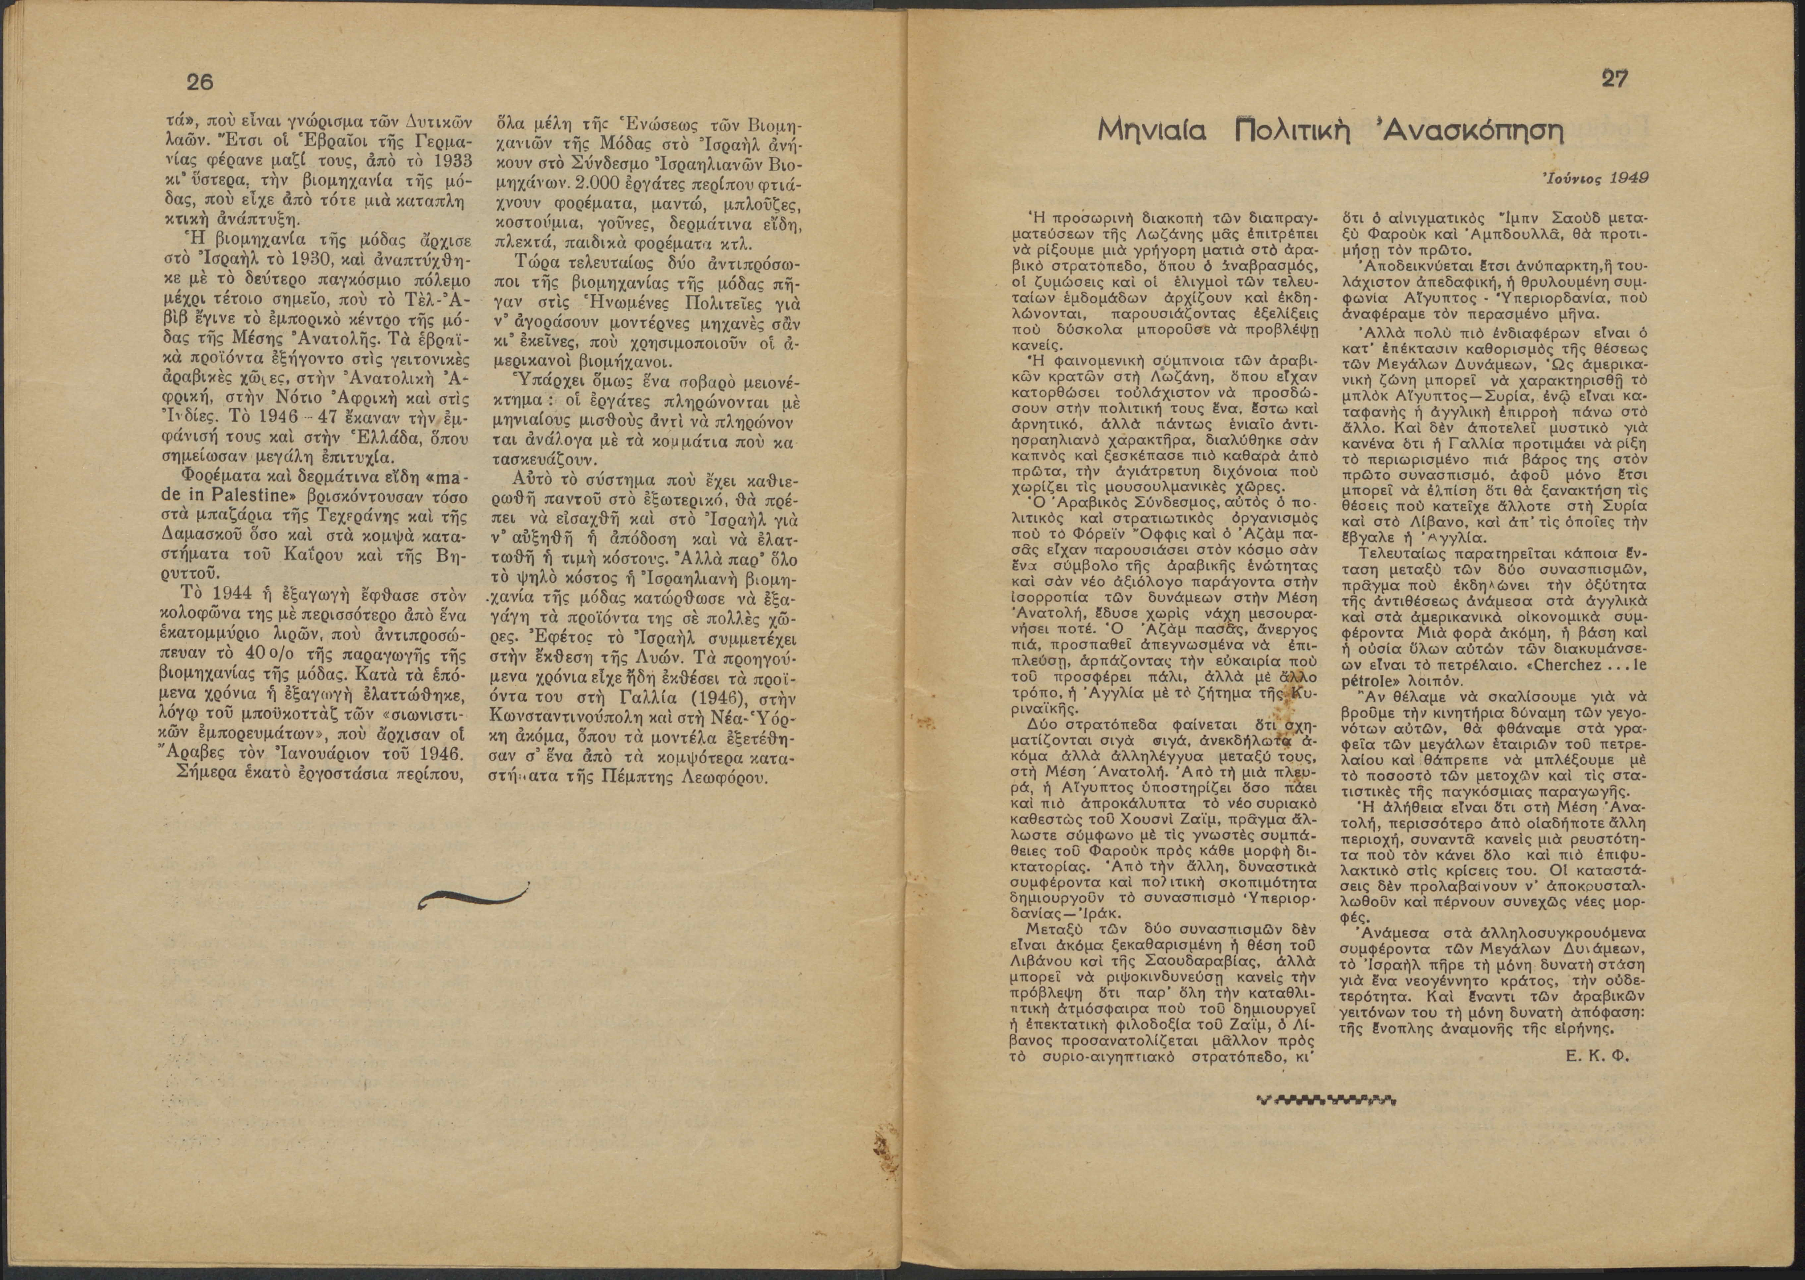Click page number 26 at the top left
200,83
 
